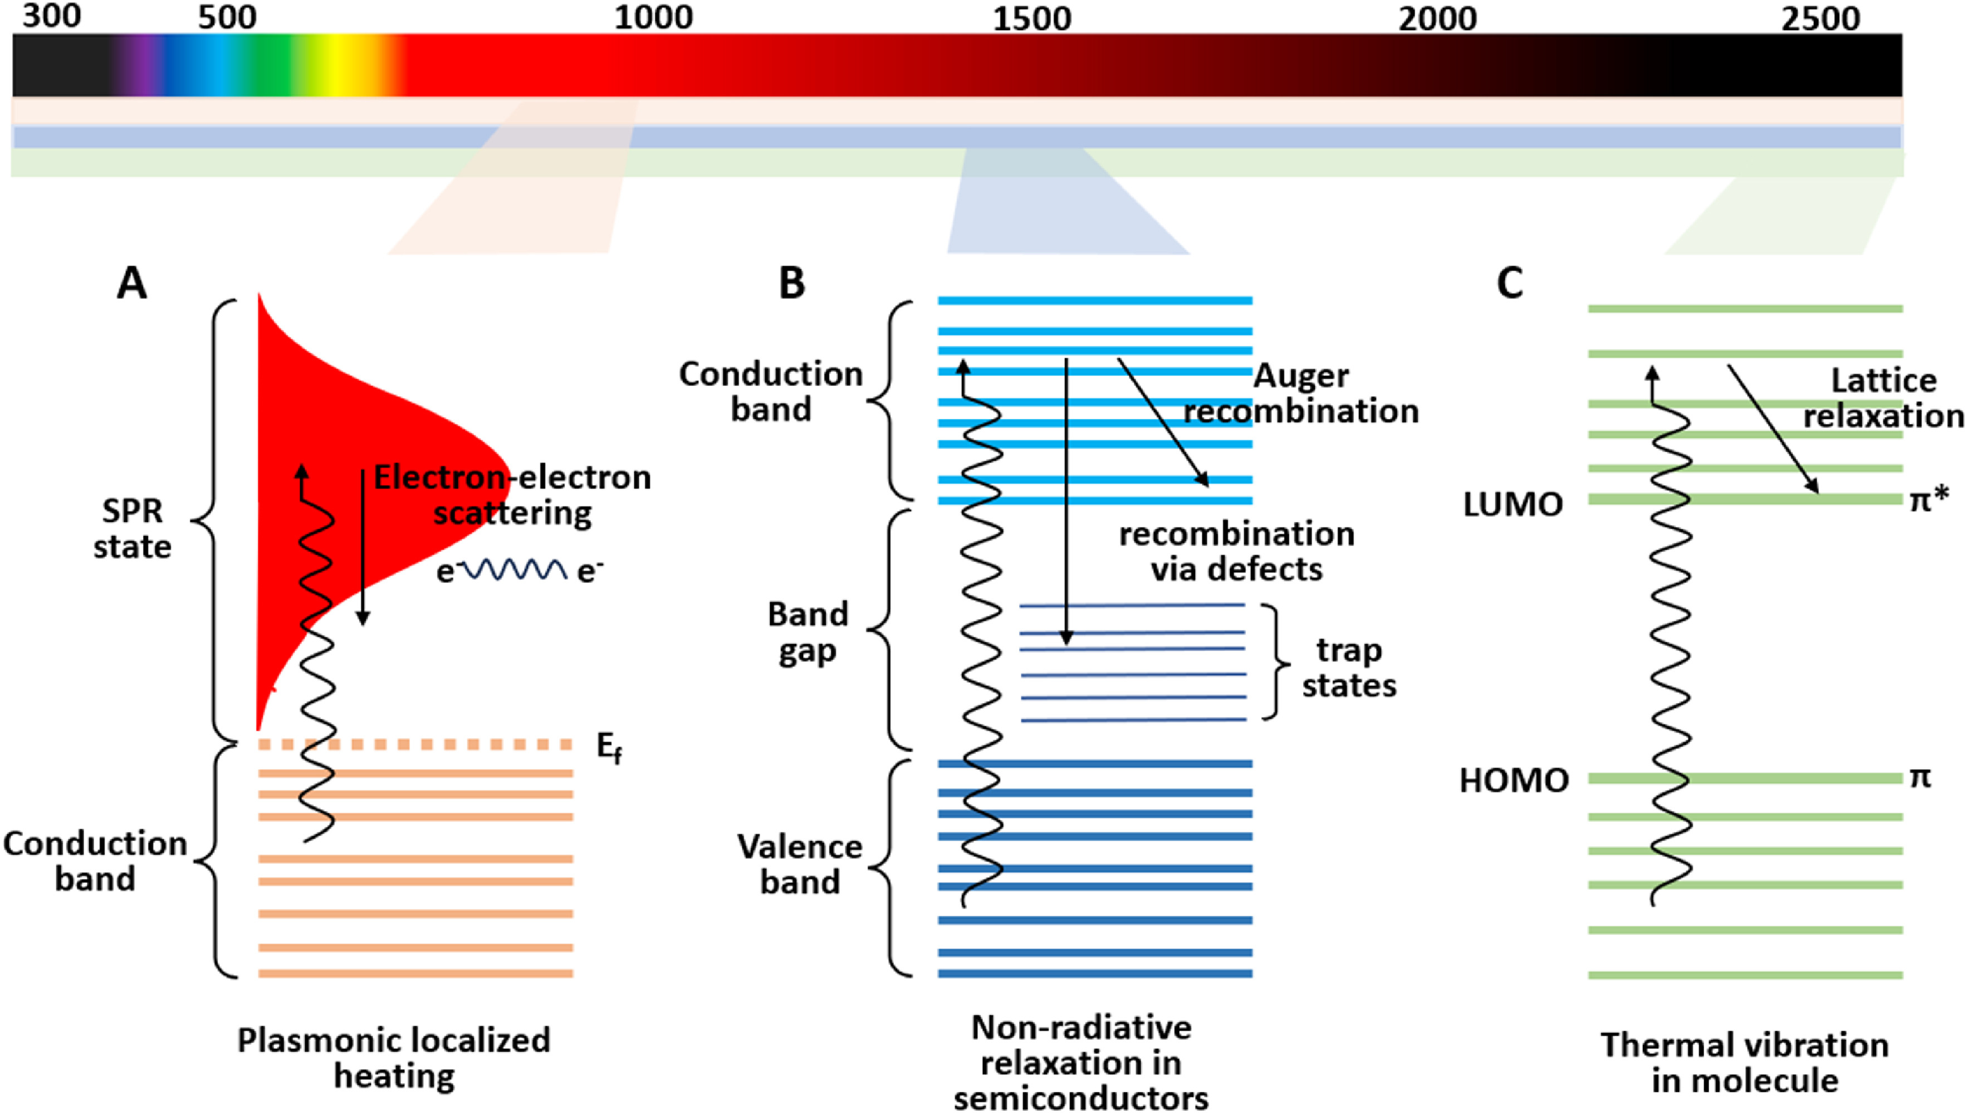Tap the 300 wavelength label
click(x=51, y=17)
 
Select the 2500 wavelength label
click(x=1821, y=18)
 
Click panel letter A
click(x=131, y=284)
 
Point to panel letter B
click(x=792, y=284)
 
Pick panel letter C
click(x=1509, y=284)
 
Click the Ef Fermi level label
click(x=608, y=747)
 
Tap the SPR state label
click(x=131, y=529)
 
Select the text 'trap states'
click(x=1349, y=667)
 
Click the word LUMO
click(x=1513, y=505)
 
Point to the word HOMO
click(x=1514, y=780)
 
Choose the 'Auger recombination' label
click(x=1300, y=394)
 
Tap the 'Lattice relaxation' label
click(x=1883, y=398)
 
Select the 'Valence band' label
click(x=799, y=865)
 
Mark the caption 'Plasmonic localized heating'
click(x=394, y=1058)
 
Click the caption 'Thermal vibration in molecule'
click(x=1745, y=1062)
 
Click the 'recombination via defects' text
click(x=1236, y=551)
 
